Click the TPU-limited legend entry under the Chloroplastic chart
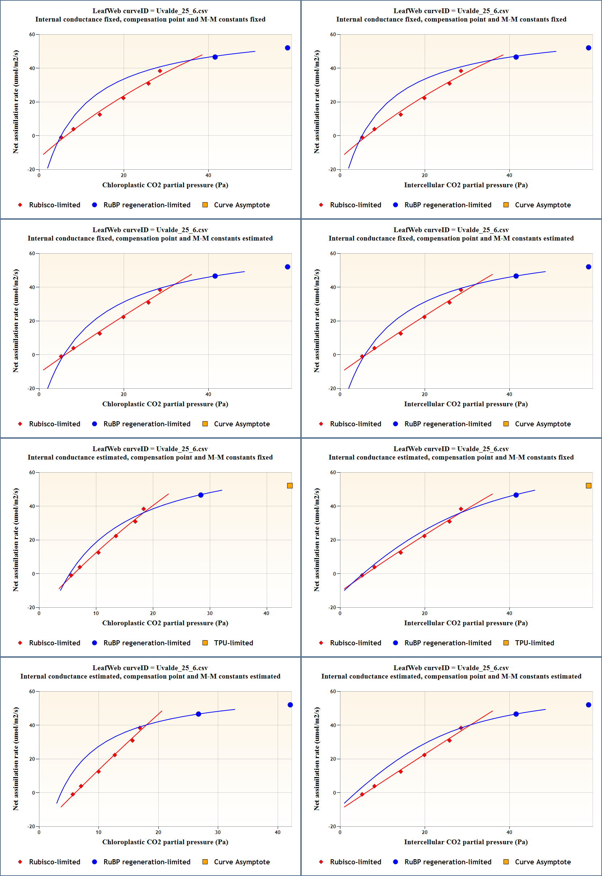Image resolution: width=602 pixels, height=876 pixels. pyautogui.click(x=233, y=643)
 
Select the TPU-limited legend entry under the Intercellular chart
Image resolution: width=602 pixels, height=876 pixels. pyautogui.click(x=534, y=643)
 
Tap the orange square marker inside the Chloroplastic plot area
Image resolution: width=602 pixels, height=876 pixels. pyautogui.click(x=290, y=485)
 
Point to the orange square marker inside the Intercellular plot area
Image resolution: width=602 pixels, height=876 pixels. pyautogui.click(x=589, y=485)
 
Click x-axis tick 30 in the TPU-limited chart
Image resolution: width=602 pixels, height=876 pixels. pyautogui.click(x=210, y=614)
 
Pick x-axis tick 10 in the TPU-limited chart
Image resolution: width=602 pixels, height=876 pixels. pyautogui.click(x=96, y=614)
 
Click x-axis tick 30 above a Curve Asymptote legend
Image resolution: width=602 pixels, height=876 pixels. pyautogui.click(x=218, y=832)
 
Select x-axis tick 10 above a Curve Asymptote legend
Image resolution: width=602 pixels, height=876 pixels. pyautogui.click(x=99, y=832)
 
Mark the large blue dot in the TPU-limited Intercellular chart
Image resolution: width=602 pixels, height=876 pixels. pyautogui.click(x=516, y=495)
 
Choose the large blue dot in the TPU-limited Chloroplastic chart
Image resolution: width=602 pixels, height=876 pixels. pyautogui.click(x=201, y=495)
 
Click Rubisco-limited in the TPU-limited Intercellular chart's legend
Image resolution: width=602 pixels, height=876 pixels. pyautogui.click(x=355, y=643)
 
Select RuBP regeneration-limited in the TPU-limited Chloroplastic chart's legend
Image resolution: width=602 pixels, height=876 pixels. pyautogui.click(x=147, y=643)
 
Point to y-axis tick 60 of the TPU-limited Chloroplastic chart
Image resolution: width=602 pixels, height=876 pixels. pyautogui.click(x=32, y=472)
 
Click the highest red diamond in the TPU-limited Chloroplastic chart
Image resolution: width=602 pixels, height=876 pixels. pyautogui.click(x=143, y=509)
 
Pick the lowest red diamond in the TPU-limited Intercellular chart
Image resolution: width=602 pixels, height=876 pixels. pyautogui.click(x=362, y=575)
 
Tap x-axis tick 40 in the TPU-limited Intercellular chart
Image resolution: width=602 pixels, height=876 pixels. pyautogui.click(x=509, y=614)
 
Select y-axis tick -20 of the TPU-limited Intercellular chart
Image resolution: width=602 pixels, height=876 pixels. pyautogui.click(x=332, y=607)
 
